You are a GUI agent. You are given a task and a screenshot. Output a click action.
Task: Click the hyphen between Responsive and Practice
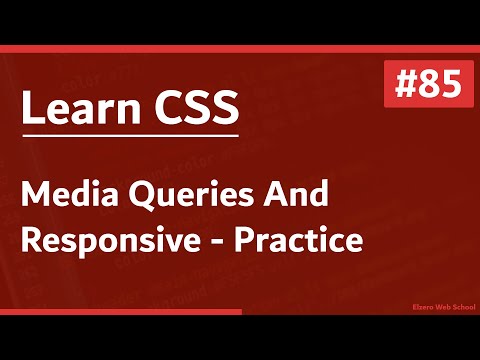pyautogui.click(x=207, y=243)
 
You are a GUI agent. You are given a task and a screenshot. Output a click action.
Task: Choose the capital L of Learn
pyautogui.click(x=32, y=108)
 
